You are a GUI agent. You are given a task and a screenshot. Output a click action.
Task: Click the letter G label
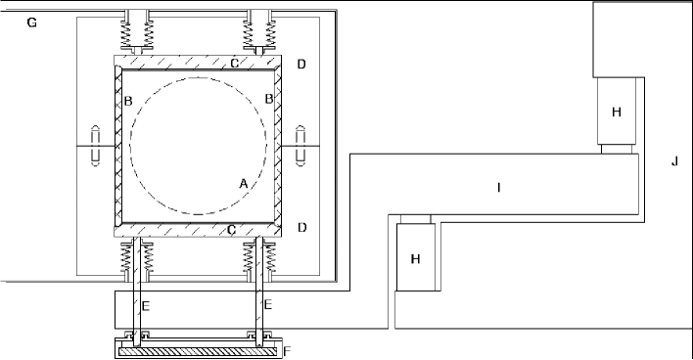[32, 22]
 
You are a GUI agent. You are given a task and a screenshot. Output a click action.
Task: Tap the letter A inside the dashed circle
[243, 183]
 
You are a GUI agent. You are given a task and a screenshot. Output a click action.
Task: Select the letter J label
[674, 161]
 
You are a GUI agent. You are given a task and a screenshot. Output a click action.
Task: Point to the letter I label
[499, 188]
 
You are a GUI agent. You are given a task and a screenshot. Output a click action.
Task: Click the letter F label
[287, 351]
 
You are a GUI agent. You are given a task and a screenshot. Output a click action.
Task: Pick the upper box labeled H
[617, 111]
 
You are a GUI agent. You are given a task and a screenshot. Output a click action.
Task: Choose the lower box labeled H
[415, 257]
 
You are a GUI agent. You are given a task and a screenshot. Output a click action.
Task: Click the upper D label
[301, 65]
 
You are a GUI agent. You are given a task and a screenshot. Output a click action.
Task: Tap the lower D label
[302, 228]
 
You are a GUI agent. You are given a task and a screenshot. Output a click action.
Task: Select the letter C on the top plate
[235, 64]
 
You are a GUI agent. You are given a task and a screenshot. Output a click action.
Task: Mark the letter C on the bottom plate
[231, 230]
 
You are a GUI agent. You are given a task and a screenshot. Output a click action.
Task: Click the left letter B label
[128, 101]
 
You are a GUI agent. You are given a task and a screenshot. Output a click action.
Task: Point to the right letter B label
[269, 99]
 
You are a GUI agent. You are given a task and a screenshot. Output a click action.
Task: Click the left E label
[146, 305]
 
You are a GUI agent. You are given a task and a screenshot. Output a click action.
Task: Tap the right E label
[267, 304]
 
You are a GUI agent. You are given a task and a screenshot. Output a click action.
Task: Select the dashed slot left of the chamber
[96, 146]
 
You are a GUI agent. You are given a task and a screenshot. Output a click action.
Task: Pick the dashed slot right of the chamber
[300, 146]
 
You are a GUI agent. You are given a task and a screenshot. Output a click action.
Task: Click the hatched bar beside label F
[198, 351]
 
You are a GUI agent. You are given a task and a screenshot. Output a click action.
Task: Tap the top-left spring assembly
[137, 32]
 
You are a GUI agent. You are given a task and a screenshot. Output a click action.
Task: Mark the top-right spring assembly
[260, 32]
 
